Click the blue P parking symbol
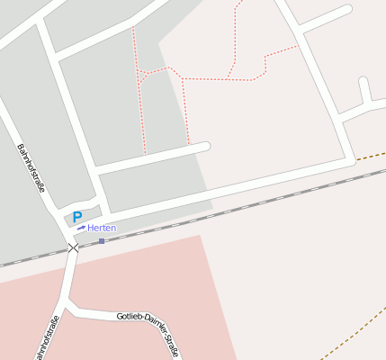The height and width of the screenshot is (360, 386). (x=76, y=217)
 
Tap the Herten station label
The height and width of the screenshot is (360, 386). (x=102, y=228)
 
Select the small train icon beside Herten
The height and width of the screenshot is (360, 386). (x=81, y=228)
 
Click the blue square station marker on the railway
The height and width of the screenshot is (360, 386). (x=102, y=240)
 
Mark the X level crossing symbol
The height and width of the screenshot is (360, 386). (x=73, y=247)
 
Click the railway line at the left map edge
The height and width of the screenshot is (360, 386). (x=4, y=265)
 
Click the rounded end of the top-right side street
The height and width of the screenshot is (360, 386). (x=346, y=10)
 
